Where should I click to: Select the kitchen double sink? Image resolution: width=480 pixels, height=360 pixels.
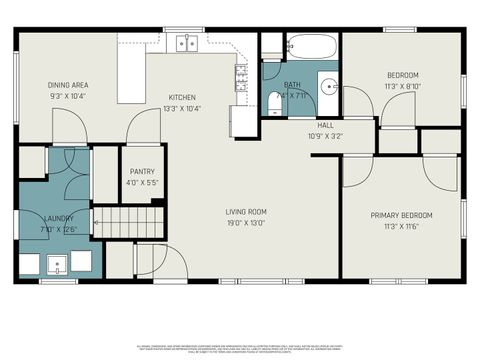(x=186, y=43)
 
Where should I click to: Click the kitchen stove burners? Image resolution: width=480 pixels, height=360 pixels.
(x=241, y=77)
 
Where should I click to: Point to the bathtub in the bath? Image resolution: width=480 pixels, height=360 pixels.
(x=312, y=47)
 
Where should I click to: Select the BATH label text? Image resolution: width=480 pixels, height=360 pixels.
(x=292, y=85)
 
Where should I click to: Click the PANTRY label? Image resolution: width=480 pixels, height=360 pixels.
(x=141, y=171)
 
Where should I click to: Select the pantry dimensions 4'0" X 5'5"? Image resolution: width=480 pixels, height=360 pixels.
(x=141, y=182)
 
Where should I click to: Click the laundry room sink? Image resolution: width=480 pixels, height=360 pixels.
(x=58, y=266)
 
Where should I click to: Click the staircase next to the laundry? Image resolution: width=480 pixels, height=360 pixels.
(x=127, y=221)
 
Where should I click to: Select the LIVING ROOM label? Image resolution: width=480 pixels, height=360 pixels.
(x=244, y=211)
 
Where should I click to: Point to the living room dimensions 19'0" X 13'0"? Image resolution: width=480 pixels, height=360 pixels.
(x=244, y=223)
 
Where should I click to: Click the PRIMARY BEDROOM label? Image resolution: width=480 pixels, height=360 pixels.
(x=401, y=215)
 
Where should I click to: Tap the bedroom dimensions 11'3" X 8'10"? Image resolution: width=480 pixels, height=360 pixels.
(x=402, y=86)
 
